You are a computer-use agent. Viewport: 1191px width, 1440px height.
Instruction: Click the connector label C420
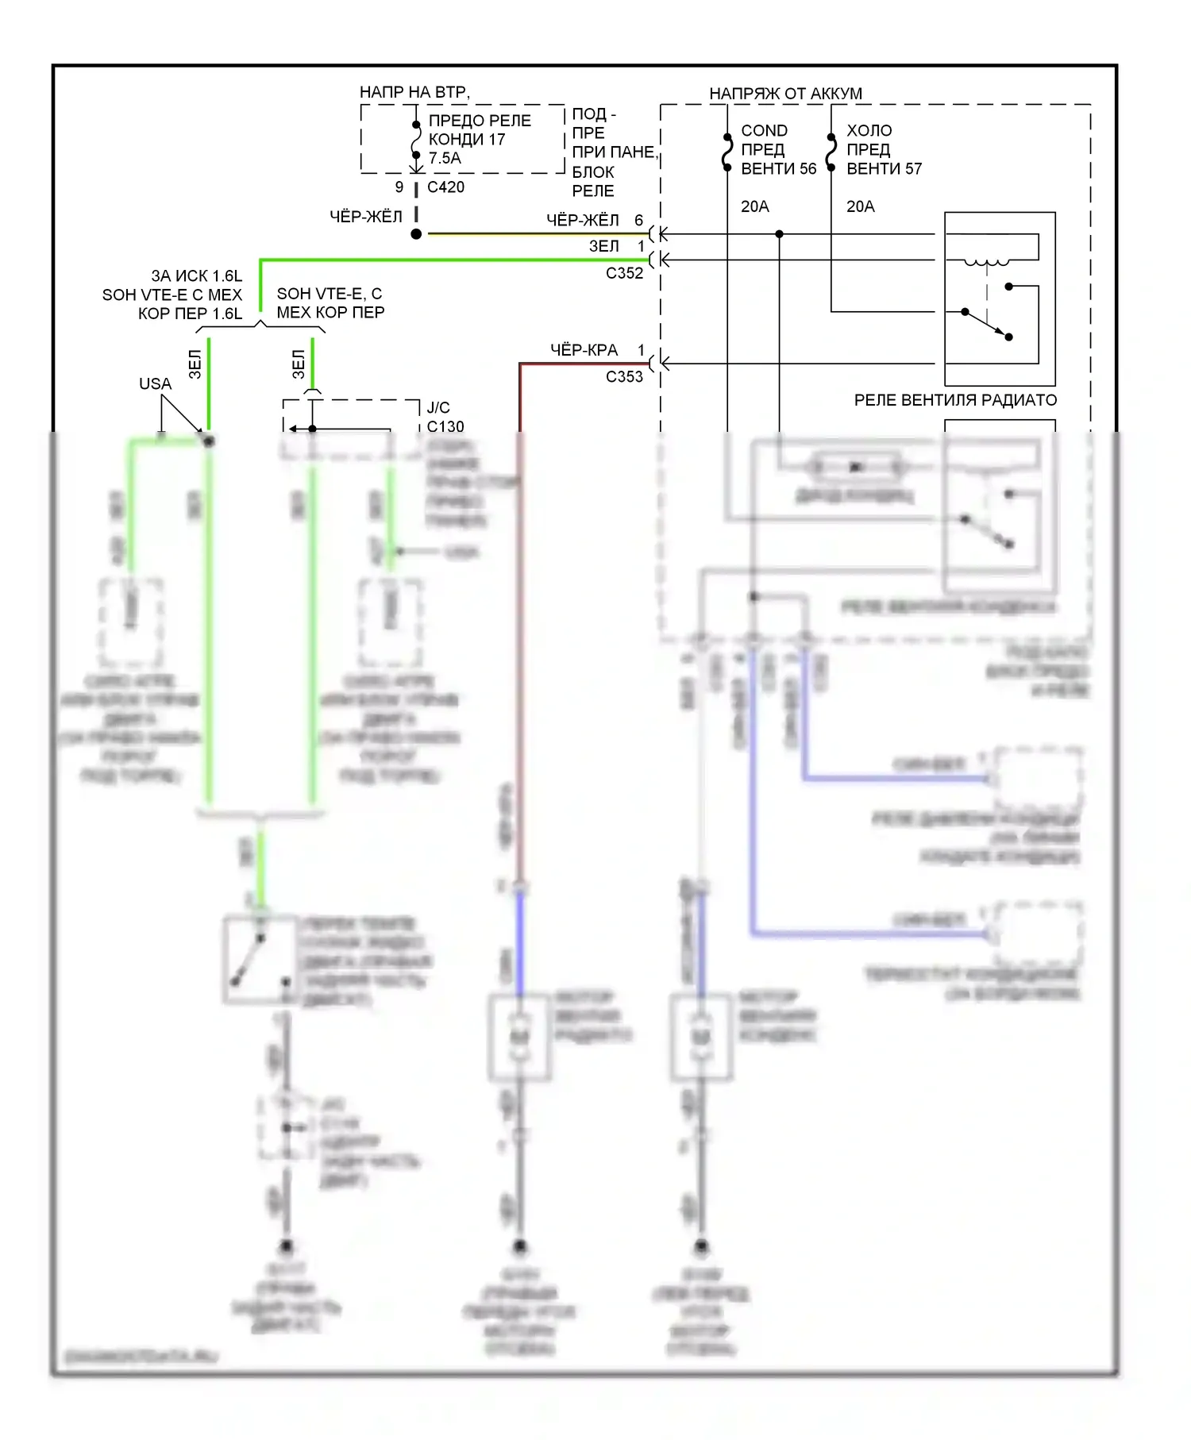(445, 187)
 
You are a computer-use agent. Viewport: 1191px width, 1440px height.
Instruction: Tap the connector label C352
(624, 273)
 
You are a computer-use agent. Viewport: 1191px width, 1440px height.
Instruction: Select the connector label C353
(624, 376)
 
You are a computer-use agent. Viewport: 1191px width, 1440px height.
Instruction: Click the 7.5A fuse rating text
(445, 158)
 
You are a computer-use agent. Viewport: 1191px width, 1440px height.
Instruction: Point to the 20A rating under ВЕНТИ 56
(754, 206)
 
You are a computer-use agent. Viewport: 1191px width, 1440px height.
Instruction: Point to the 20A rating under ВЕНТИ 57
(860, 206)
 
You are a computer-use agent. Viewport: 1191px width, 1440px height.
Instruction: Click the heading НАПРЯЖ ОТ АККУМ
(785, 94)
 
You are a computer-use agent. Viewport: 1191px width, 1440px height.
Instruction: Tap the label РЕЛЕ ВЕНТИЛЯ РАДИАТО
(955, 400)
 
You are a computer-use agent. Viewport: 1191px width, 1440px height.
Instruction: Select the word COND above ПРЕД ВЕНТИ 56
(764, 131)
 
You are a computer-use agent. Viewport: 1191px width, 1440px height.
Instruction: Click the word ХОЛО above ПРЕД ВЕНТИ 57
(869, 131)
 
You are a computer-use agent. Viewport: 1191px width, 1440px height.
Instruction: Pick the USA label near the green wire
(155, 384)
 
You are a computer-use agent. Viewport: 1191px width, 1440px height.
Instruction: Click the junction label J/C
(438, 408)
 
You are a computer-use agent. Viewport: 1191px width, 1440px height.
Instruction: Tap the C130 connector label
(445, 427)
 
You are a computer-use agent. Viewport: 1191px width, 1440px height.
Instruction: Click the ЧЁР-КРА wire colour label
(584, 350)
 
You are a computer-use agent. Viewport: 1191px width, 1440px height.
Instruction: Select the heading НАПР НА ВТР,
(414, 92)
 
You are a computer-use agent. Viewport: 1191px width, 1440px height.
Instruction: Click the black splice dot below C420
(416, 234)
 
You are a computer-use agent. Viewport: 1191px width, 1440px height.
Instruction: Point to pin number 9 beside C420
(399, 187)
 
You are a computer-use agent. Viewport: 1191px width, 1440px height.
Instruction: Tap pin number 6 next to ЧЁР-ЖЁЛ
(638, 220)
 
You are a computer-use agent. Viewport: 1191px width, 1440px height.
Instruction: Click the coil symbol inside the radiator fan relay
(987, 263)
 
